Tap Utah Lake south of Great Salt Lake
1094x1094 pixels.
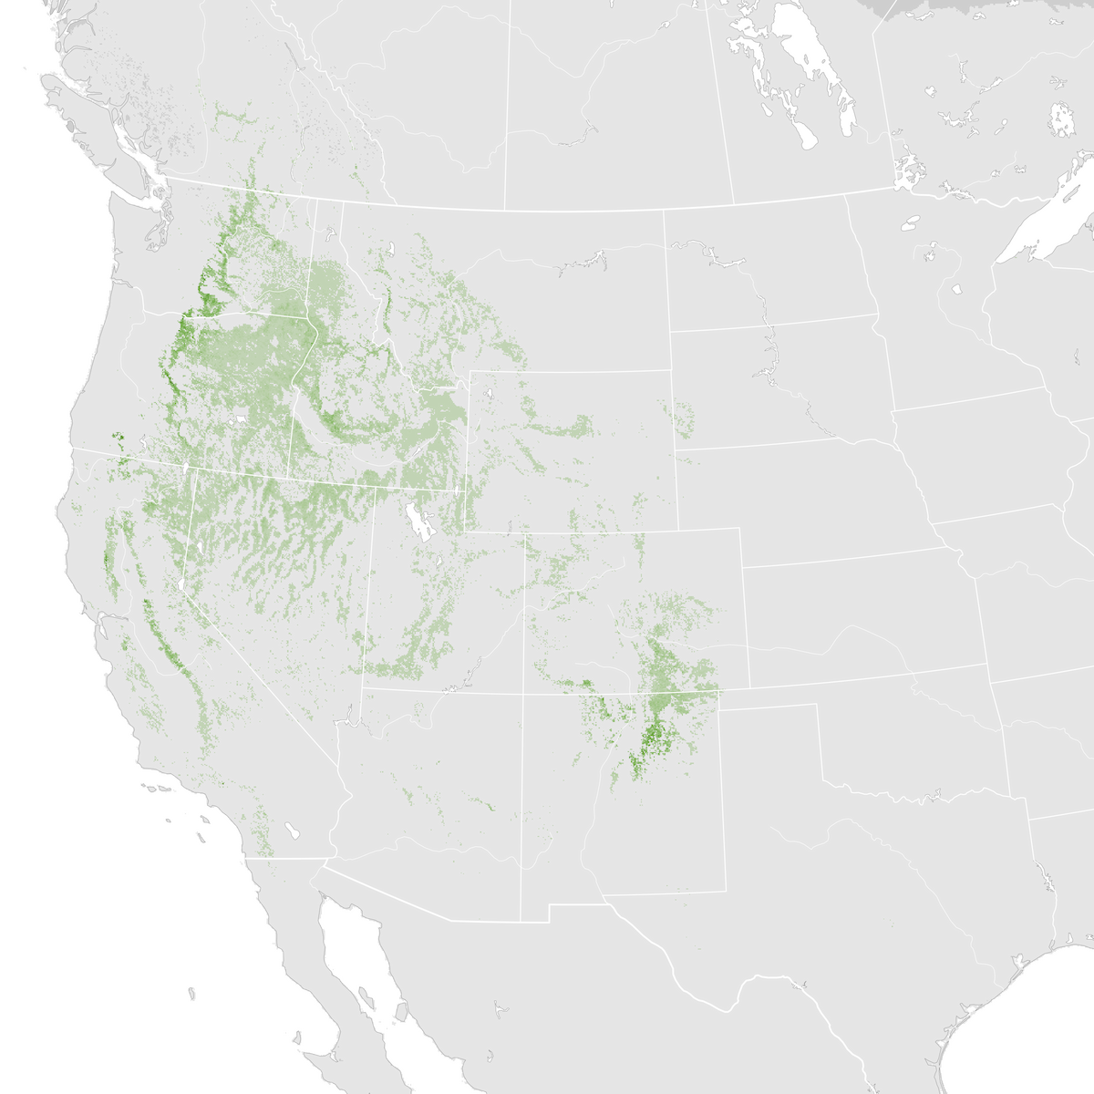point(437,559)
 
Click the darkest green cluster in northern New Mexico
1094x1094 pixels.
point(651,738)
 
